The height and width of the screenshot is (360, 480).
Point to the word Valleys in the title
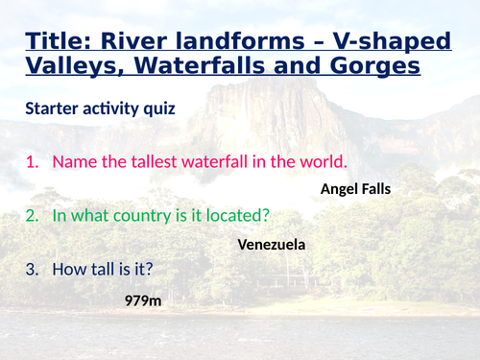[74, 67]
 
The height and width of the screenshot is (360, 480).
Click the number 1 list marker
[32, 161]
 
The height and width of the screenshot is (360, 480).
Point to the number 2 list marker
[32, 217]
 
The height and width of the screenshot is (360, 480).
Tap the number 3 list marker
[32, 272]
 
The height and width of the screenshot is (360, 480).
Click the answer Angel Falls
[355, 189]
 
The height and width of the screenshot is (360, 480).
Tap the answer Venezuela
[271, 245]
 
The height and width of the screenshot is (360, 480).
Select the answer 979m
[142, 300]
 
